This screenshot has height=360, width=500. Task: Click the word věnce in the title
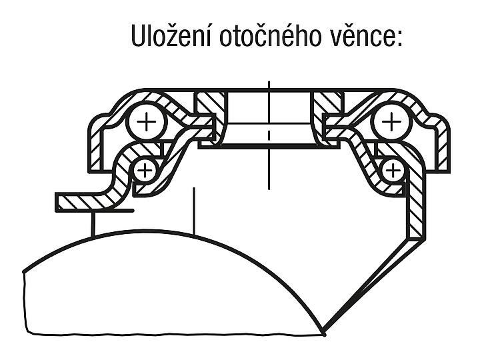[359, 36]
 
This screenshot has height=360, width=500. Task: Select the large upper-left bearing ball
[147, 121]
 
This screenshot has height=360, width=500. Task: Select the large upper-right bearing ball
[391, 121]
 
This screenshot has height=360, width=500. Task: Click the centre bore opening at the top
[269, 107]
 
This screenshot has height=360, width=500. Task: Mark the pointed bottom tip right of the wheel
[324, 334]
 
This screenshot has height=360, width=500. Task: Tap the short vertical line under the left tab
[93, 223]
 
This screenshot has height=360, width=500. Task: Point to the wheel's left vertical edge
[25, 303]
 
